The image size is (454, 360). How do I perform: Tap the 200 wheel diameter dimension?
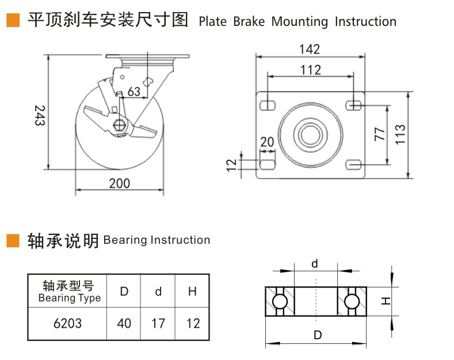120,183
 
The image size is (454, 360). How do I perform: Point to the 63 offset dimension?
133,92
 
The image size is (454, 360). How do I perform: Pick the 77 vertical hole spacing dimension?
379,135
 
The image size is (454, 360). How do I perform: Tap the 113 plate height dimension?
401,135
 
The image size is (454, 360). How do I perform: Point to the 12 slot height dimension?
232,165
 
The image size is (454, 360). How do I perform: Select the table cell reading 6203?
67,324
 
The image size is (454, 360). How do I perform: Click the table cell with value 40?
124,324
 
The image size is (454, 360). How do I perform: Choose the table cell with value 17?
158,324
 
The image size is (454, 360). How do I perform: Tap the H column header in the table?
193,291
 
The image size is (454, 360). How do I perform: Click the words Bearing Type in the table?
69,298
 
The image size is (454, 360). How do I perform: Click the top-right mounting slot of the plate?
354,105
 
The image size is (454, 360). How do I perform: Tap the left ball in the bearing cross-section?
280,301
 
